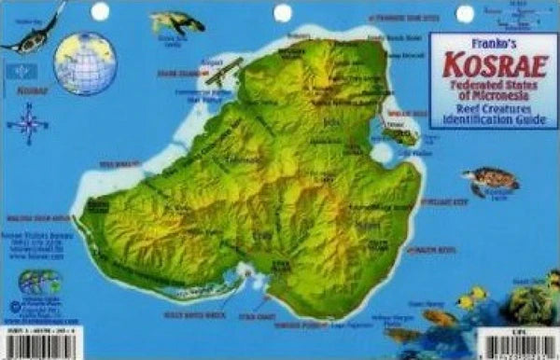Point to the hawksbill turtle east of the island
(489, 177)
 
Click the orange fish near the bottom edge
(439, 317)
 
